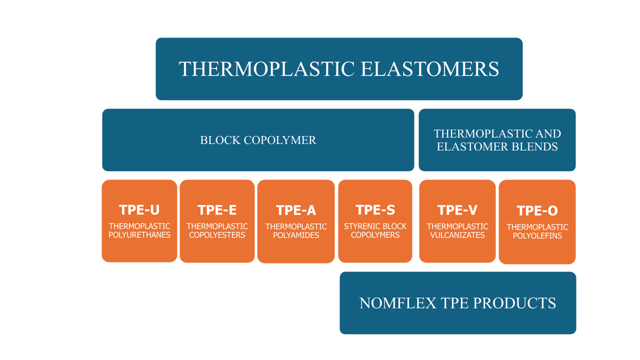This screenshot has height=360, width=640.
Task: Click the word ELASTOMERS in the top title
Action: point(429,69)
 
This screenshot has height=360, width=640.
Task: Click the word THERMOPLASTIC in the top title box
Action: point(267,69)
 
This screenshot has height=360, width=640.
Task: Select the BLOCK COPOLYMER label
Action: point(258,140)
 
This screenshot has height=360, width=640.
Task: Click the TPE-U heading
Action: point(139,210)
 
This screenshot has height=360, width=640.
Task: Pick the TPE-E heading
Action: point(217,210)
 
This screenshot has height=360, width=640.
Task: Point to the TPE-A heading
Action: point(296,210)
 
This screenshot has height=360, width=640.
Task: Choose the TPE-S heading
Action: point(375,210)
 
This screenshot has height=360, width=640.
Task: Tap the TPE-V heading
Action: point(457,210)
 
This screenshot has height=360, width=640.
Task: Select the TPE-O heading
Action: point(537,211)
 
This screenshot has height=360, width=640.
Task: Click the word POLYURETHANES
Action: point(139,235)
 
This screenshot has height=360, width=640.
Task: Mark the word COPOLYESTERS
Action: point(217,235)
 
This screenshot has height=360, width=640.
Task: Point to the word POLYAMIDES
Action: point(296,235)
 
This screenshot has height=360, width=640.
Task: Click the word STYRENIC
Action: point(360,226)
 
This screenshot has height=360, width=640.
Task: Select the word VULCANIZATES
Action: point(457,235)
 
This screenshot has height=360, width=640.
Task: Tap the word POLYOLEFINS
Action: point(537,235)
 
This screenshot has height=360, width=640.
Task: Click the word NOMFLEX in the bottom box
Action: point(397,303)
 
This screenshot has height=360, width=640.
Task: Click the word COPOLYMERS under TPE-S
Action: point(375,235)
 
